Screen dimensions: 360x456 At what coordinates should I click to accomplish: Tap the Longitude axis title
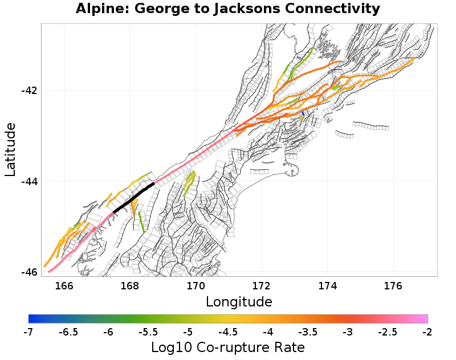click(239, 301)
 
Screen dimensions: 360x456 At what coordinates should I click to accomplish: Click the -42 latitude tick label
click(29, 91)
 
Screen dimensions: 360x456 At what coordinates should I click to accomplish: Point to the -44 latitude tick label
click(29, 181)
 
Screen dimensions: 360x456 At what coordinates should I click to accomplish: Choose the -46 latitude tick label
click(29, 272)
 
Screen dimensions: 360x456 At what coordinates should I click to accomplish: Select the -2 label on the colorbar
click(427, 332)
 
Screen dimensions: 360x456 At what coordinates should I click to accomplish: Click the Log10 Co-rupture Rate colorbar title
click(228, 347)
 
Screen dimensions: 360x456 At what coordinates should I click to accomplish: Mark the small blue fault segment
click(303, 114)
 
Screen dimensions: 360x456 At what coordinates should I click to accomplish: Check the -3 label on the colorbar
click(348, 332)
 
